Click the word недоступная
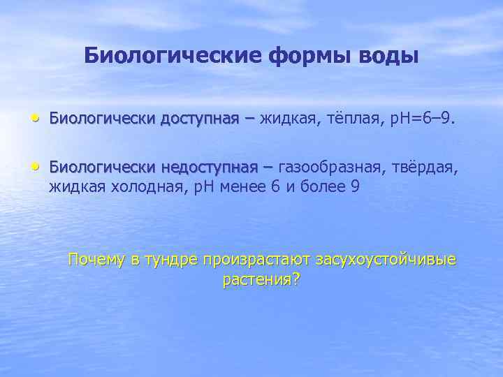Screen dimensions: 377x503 click(x=210, y=168)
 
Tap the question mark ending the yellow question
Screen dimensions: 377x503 click(x=297, y=280)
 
